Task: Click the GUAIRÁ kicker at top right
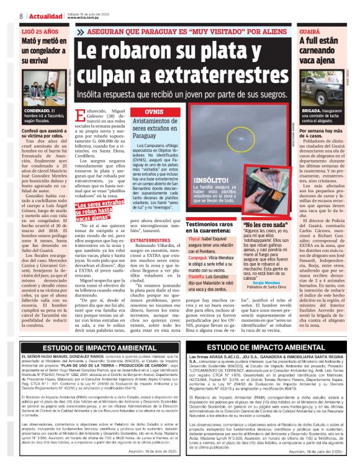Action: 310,30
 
